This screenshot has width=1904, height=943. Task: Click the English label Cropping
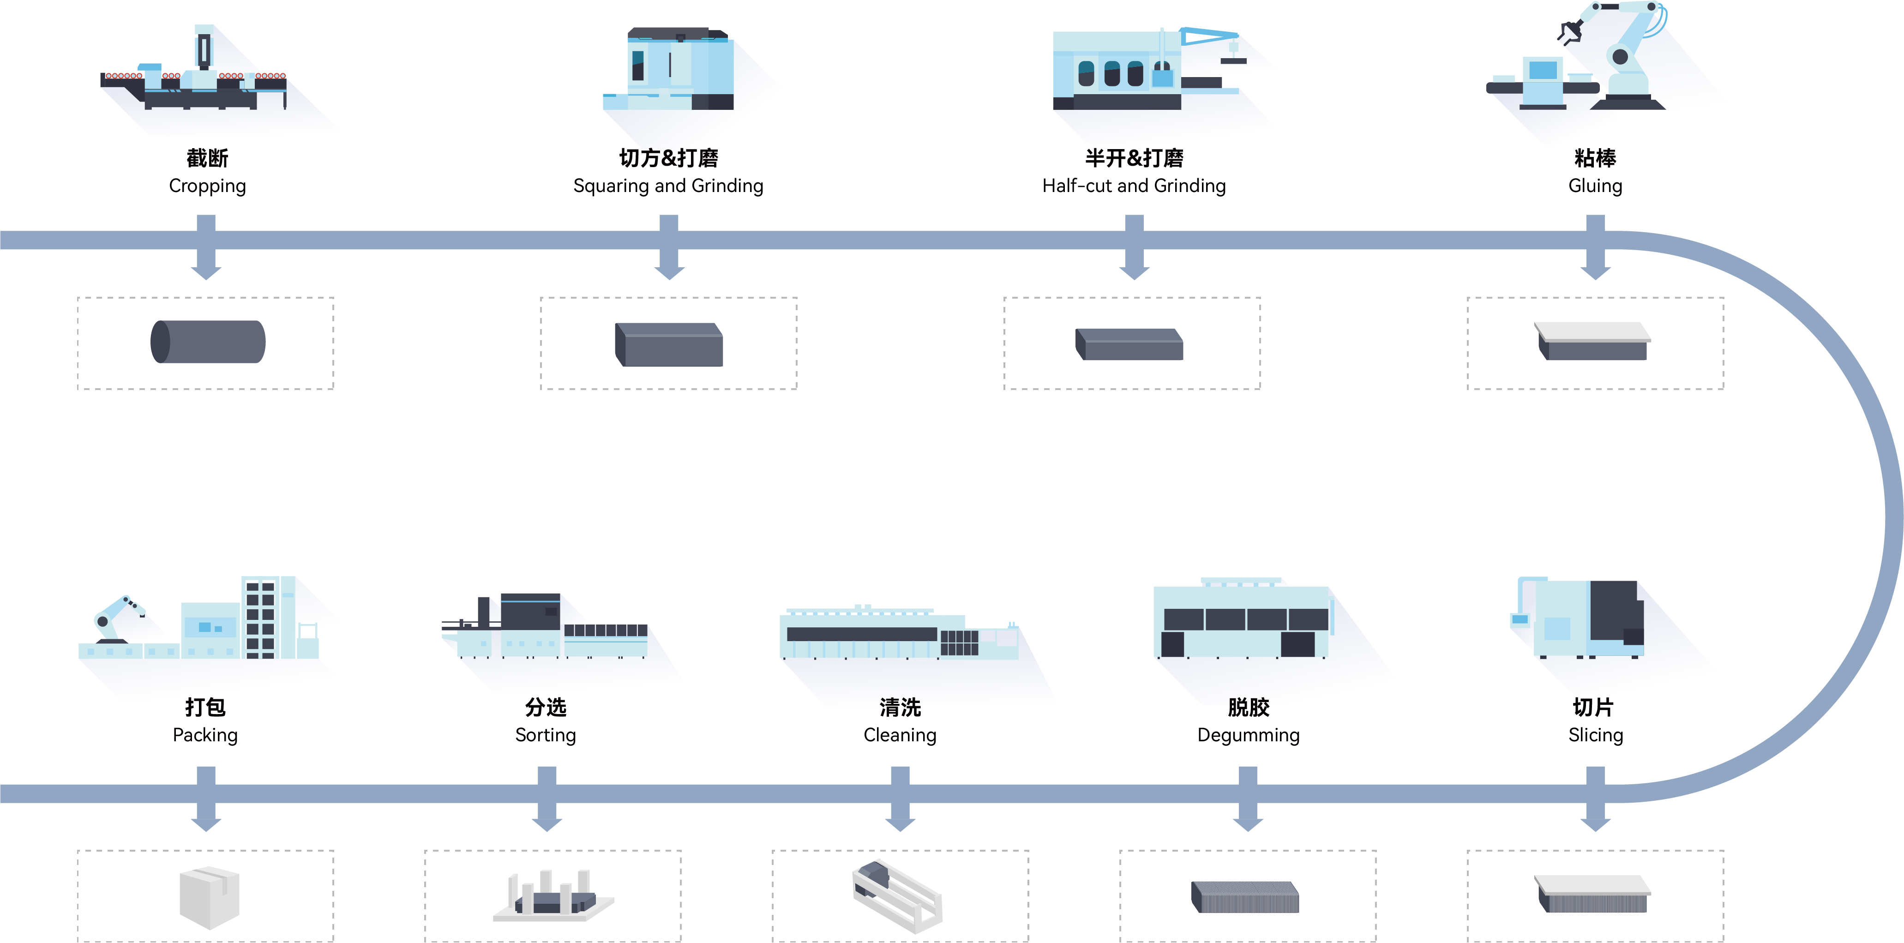click(x=207, y=186)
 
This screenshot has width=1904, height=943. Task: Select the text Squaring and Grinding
click(x=668, y=186)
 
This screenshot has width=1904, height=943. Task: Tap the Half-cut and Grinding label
click(x=1134, y=186)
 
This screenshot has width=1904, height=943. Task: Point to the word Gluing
click(x=1595, y=186)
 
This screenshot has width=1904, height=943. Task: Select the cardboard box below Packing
click(x=209, y=896)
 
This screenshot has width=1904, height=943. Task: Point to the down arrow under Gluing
click(x=1596, y=251)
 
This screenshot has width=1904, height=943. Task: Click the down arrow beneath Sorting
click(x=547, y=802)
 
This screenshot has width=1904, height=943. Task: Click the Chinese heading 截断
click(x=207, y=157)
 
